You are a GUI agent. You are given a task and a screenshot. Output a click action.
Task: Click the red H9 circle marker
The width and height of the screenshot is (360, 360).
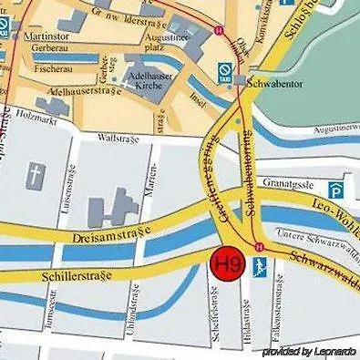point(227,263)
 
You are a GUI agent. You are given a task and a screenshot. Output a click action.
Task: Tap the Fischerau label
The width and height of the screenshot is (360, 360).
point(52,67)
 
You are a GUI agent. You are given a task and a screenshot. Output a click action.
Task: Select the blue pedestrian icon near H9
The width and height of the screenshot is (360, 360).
point(262,266)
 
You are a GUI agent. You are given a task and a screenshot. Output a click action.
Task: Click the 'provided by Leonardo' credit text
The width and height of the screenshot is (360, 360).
point(309,352)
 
